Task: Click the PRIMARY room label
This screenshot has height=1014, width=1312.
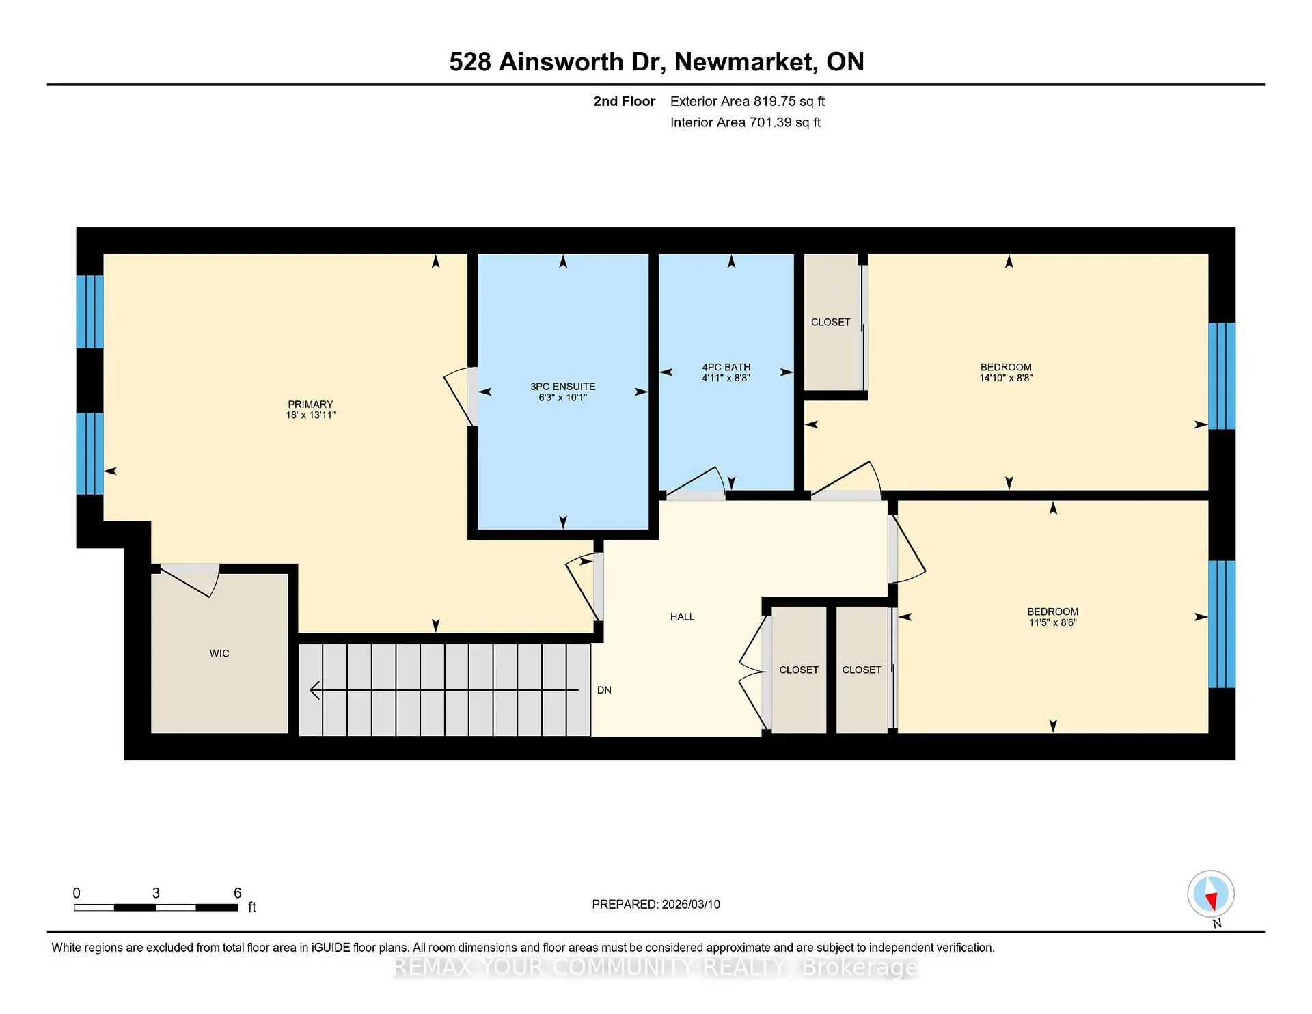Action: click(310, 405)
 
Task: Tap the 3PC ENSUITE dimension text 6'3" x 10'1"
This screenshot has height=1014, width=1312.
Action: click(562, 398)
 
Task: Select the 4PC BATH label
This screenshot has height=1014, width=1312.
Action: click(726, 367)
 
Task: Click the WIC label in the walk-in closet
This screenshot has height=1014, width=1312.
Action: click(219, 654)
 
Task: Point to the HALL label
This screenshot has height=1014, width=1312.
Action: click(682, 617)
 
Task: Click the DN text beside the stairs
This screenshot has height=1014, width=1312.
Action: click(604, 690)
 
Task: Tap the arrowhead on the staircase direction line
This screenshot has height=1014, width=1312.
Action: click(315, 690)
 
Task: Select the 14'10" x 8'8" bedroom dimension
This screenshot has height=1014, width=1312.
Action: click(1005, 378)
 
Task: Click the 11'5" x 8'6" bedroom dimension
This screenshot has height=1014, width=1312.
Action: click(1052, 622)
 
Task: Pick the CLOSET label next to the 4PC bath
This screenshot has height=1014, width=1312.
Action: click(830, 322)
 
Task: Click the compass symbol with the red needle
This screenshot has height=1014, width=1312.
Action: click(1211, 894)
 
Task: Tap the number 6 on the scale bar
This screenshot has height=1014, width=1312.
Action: click(237, 893)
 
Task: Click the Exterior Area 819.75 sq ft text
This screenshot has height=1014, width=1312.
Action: click(747, 101)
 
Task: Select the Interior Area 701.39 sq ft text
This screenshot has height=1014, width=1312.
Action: click(745, 122)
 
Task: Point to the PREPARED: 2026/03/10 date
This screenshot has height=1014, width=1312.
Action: click(655, 905)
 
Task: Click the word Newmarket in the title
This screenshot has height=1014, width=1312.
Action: click(745, 61)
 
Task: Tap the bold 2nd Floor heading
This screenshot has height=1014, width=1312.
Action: click(624, 101)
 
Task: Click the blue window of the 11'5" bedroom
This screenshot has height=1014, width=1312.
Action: click(1222, 624)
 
